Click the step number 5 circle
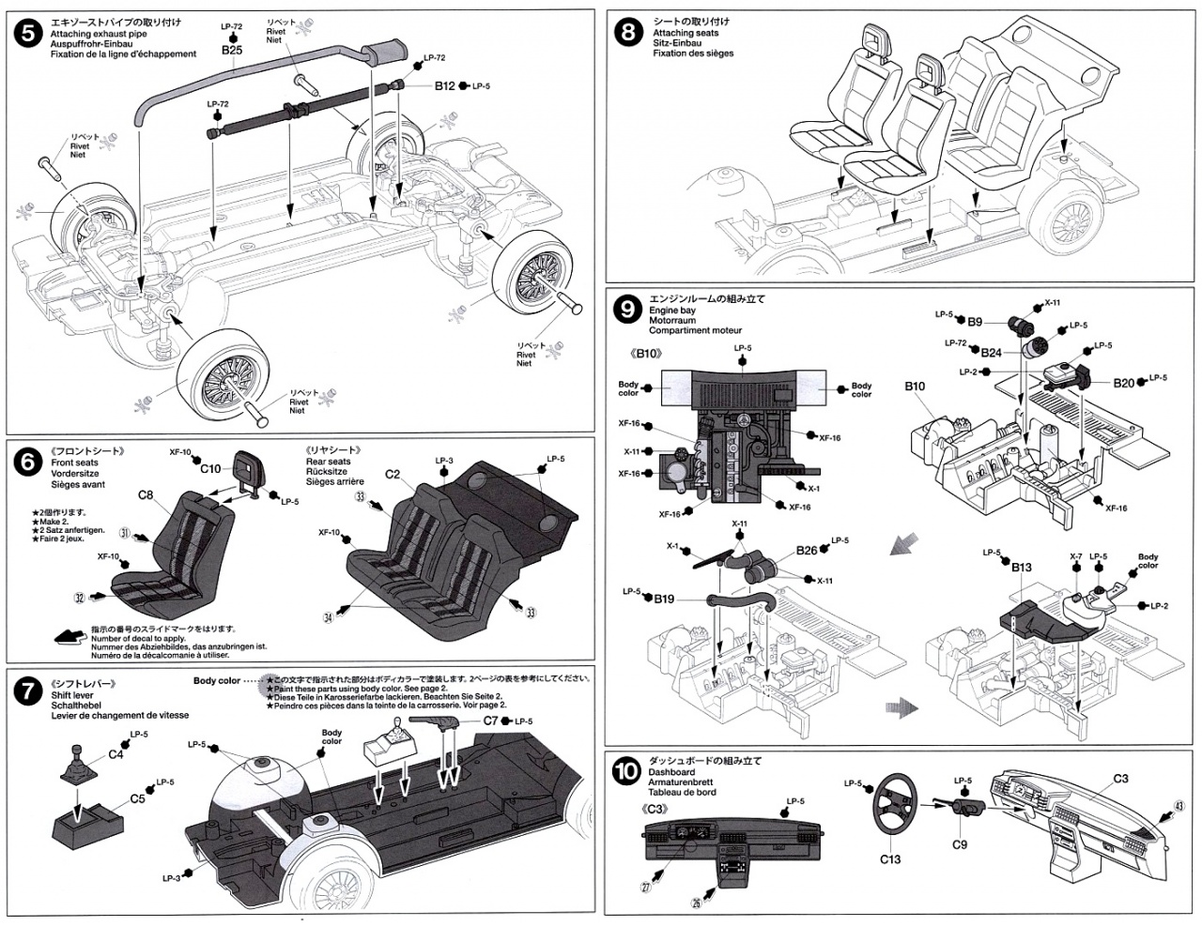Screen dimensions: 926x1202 29,33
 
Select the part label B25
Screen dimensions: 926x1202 232,50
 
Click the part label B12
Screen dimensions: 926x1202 444,85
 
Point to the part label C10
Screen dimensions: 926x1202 210,468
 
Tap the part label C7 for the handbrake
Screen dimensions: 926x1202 490,721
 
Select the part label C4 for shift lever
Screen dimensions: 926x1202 116,753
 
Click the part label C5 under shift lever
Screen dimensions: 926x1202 137,798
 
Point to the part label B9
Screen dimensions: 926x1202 975,322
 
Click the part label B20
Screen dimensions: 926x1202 1124,382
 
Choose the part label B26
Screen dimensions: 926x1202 807,551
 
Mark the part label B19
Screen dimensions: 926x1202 664,598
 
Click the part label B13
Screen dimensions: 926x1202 1023,567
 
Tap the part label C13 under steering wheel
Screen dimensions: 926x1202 890,858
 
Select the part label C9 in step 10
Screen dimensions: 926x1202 959,843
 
